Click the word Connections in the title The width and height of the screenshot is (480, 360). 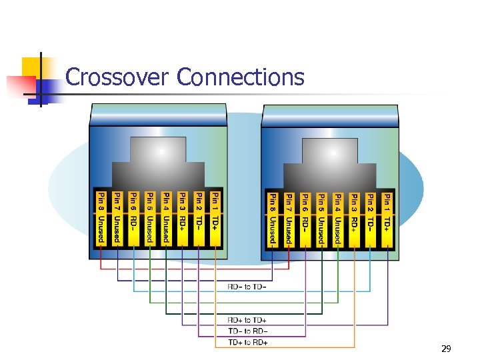[241, 77]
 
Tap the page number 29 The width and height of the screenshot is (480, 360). [447, 349]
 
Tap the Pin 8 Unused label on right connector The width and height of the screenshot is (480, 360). [273, 217]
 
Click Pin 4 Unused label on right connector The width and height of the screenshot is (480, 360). [338, 217]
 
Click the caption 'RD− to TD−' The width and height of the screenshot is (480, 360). [247, 287]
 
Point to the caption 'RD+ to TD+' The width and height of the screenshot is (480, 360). [247, 321]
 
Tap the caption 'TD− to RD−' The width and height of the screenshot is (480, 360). [247, 331]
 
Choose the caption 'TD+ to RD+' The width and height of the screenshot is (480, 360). [247, 343]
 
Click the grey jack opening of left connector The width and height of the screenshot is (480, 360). [158, 163]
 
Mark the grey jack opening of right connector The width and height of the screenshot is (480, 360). [330, 163]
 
